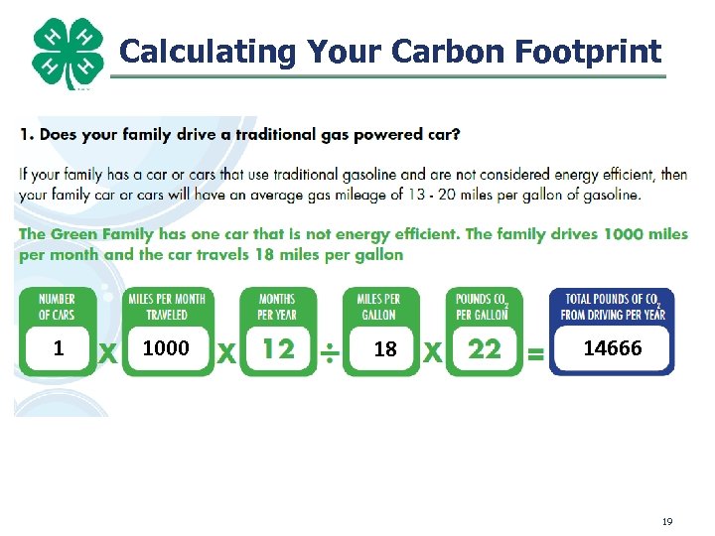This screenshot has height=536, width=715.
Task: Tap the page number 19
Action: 667,520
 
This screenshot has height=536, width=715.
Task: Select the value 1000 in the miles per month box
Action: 166,348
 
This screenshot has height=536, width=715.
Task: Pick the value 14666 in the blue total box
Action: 612,348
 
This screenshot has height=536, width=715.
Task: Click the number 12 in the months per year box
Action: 278,349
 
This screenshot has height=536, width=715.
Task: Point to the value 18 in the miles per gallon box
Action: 384,349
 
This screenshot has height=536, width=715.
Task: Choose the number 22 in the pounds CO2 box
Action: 484,349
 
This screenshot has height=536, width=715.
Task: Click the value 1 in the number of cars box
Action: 59,348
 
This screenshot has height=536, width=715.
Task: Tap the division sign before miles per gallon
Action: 331,352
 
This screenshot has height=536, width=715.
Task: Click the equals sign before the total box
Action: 535,352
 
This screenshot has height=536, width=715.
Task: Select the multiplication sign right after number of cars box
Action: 107,352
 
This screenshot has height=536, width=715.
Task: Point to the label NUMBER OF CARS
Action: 58,307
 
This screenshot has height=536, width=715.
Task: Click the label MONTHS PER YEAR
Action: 277,307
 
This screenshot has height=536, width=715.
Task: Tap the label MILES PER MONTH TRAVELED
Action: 167,307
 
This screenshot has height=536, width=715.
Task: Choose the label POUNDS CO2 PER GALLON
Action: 482,307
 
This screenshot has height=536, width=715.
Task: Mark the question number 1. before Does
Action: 26,134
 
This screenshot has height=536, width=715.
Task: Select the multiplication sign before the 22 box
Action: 433,352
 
